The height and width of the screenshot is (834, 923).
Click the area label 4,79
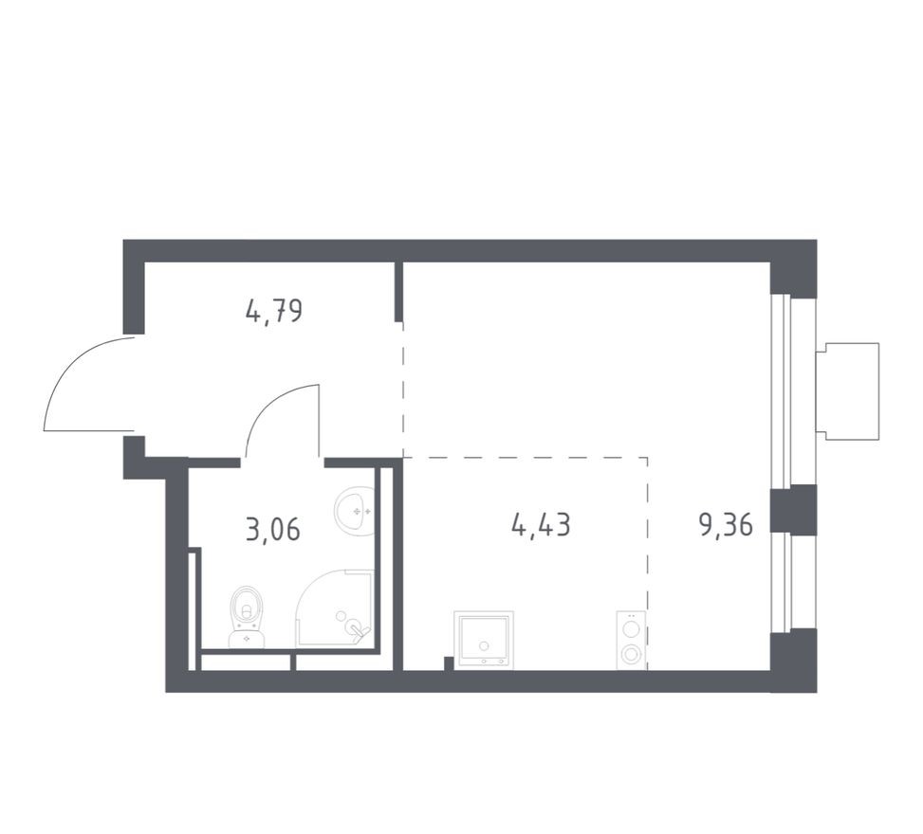274,311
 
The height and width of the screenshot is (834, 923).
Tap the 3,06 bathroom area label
272,529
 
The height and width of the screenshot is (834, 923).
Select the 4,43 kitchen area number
541,524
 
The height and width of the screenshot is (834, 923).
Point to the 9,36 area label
726,525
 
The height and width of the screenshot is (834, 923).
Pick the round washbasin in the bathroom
356,510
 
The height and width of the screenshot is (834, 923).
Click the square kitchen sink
484,640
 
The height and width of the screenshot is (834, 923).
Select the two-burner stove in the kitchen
631,640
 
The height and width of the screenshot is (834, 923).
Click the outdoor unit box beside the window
851,390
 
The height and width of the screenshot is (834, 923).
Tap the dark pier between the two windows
793,509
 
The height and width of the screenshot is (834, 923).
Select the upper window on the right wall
780,390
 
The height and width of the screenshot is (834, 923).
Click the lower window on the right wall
780,581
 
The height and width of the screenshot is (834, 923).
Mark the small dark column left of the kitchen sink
449,662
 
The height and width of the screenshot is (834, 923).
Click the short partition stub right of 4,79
399,292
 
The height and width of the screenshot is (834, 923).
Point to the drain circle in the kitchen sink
484,644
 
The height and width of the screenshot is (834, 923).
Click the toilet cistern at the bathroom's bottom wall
247,640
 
